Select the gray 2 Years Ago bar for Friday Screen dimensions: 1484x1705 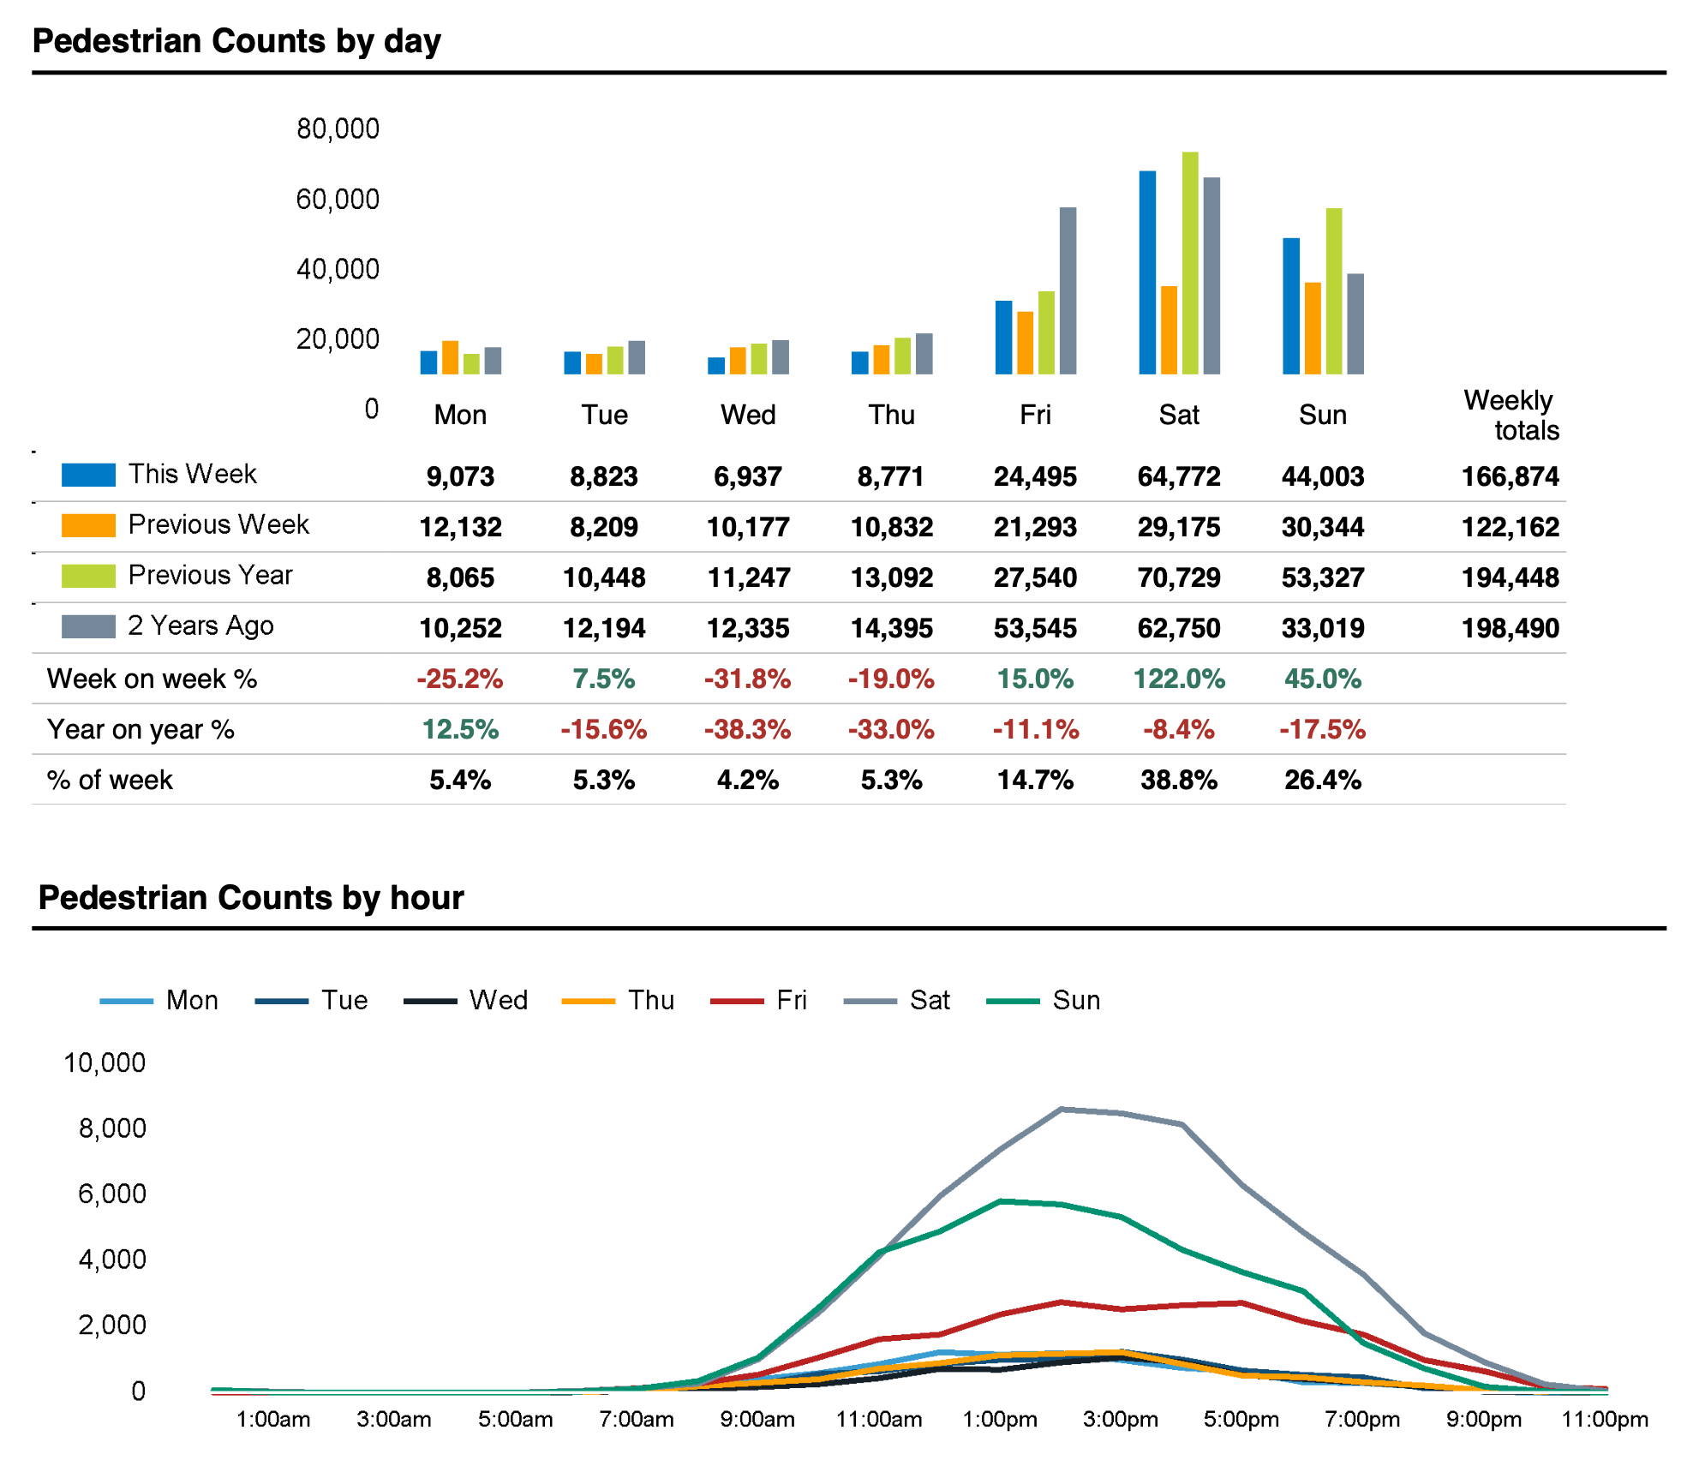(1068, 290)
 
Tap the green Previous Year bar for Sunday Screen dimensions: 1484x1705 (1333, 291)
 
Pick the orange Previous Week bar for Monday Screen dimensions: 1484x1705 (450, 357)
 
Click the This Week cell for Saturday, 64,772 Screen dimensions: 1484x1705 (1178, 476)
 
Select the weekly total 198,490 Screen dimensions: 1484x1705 (1510, 628)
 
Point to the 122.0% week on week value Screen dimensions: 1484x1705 (1178, 679)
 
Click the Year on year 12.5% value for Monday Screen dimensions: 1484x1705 (460, 729)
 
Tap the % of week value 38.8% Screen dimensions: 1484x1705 (1178, 780)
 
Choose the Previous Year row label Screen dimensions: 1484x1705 (210, 575)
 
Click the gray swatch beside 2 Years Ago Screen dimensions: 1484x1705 (88, 626)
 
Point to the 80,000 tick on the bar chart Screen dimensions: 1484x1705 (338, 129)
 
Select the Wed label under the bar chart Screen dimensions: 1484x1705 (748, 415)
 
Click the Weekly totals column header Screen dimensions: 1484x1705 (1510, 415)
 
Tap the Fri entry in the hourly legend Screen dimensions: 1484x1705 (791, 1000)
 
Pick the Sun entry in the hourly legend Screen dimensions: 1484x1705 (1075, 1000)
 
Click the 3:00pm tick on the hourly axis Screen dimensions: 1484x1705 (1120, 1420)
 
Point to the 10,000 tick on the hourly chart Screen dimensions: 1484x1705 (105, 1062)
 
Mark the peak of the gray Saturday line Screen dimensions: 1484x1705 (1061, 1109)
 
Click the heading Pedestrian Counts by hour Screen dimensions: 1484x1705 (251, 897)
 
